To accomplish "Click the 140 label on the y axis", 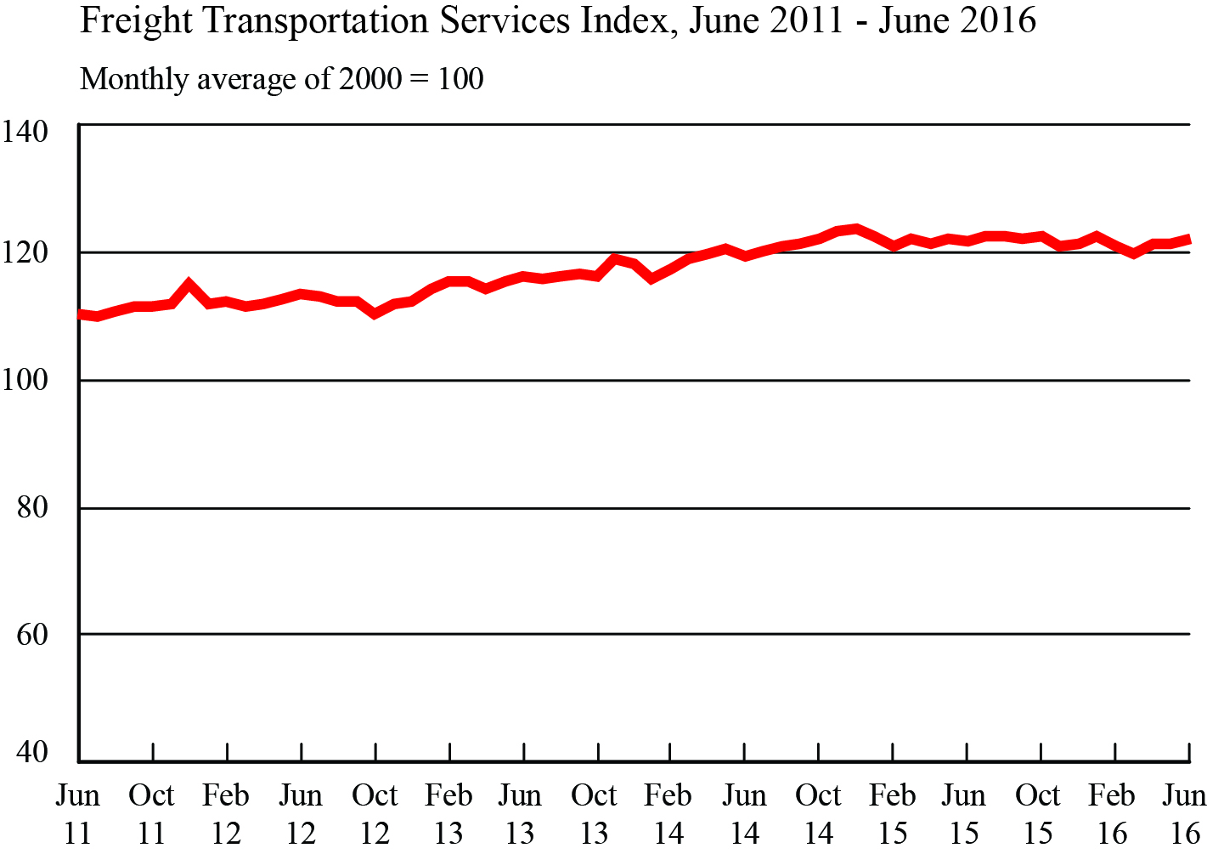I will click(x=25, y=132).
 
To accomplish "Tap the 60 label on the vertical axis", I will click(x=32, y=634).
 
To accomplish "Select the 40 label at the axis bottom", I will click(x=32, y=752).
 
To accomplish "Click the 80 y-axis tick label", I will click(x=32, y=507).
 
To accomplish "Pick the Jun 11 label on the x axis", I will click(x=77, y=814).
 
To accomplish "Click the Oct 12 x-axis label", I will click(x=375, y=814).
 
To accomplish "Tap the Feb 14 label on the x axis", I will click(x=668, y=814).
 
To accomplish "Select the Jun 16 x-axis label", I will click(x=1184, y=814).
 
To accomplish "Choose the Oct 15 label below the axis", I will click(x=1038, y=814).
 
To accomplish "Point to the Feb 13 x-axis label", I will click(x=448, y=814).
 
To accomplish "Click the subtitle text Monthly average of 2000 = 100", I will click(x=281, y=79).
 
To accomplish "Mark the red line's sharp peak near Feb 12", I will click(x=189, y=284).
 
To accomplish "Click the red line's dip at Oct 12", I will click(x=375, y=314).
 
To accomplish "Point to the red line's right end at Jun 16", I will click(x=1188, y=240).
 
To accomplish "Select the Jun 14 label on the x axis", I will click(x=744, y=814).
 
